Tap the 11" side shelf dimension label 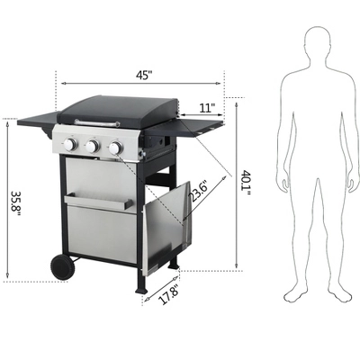click(x=208, y=108)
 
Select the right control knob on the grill click(x=114, y=148)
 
